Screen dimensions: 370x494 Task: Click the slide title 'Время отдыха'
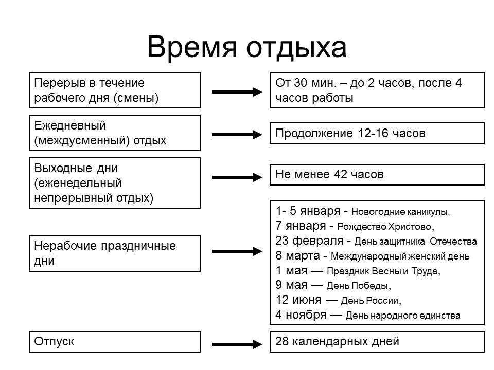pyautogui.click(x=246, y=47)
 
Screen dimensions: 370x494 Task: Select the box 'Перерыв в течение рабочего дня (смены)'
pyautogui.click(x=114, y=90)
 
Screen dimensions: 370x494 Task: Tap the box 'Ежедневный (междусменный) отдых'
pyautogui.click(x=114, y=133)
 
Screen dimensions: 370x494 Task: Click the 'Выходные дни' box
pyautogui.click(x=114, y=182)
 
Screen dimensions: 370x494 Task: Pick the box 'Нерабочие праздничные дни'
pyautogui.click(x=114, y=253)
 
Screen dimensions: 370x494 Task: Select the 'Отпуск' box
pyautogui.click(x=114, y=342)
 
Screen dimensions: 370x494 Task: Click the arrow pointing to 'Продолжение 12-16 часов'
pyautogui.click(x=237, y=135)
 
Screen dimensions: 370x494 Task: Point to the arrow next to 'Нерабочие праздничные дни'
pyautogui.click(x=237, y=251)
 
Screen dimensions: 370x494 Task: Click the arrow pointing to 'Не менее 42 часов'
pyautogui.click(x=237, y=177)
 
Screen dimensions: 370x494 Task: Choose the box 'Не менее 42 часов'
pyautogui.click(x=377, y=175)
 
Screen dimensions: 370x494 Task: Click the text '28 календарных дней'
pyautogui.click(x=337, y=341)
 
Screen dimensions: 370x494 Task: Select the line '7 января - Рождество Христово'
pyautogui.click(x=355, y=226)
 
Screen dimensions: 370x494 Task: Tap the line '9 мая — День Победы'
pyautogui.click(x=333, y=285)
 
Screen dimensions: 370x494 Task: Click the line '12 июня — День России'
pyautogui.click(x=338, y=300)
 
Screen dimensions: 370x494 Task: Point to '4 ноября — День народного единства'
pyautogui.click(x=368, y=315)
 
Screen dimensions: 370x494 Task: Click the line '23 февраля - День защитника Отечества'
pyautogui.click(x=376, y=241)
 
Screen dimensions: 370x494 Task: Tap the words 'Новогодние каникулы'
pyautogui.click(x=401, y=212)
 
